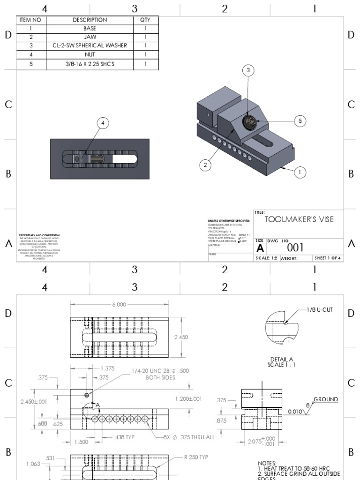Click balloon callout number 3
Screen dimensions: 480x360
249,70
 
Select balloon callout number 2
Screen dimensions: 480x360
204,164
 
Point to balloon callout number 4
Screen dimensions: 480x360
103,123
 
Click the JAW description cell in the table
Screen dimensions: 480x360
90,37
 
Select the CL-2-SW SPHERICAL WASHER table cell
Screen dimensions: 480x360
90,45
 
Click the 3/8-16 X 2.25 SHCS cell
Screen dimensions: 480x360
90,63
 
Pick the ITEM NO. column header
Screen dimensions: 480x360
31,20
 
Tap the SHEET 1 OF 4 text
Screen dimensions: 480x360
328,258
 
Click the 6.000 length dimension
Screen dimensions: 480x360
119,304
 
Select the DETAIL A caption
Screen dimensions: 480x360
281,359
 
